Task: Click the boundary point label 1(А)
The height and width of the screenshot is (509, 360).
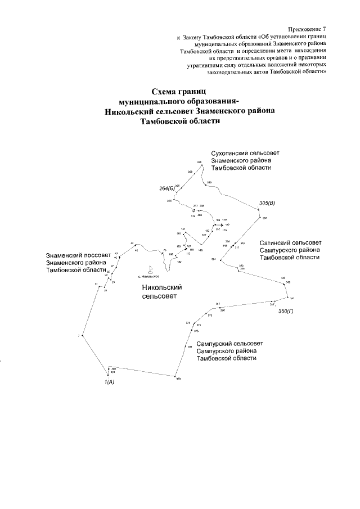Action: (109, 382)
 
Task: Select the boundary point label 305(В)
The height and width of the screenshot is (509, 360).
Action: (267, 202)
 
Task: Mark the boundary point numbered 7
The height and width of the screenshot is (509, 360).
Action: (82, 336)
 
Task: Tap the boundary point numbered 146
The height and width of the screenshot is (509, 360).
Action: (197, 245)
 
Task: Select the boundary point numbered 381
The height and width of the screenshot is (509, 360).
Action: (186, 348)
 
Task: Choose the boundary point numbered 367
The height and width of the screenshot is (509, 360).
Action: (218, 307)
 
